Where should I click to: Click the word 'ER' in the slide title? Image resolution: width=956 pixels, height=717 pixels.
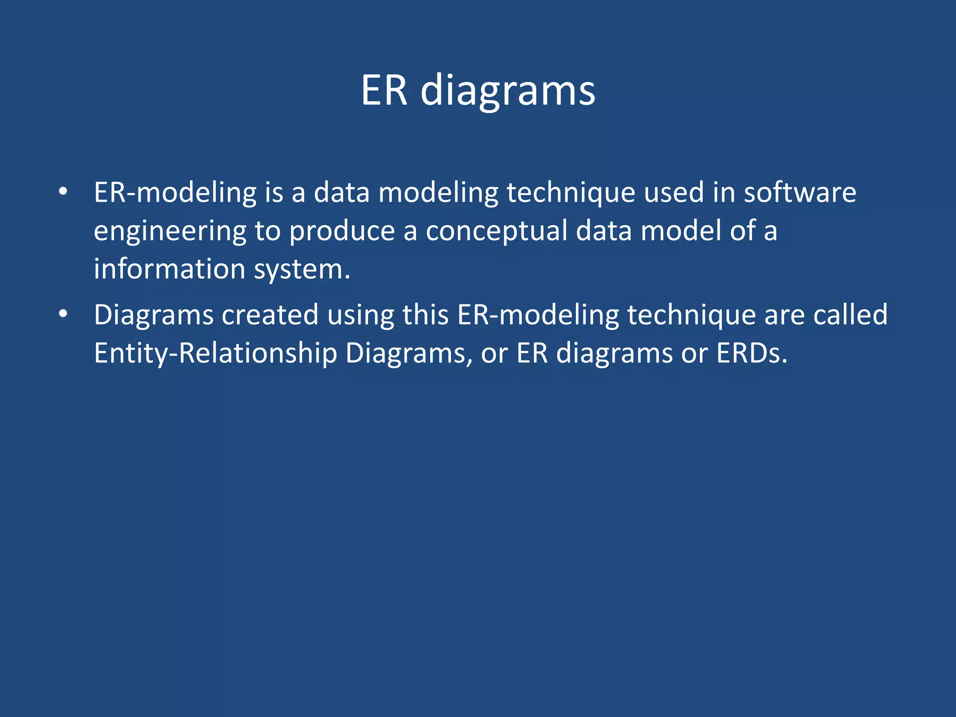[384, 90]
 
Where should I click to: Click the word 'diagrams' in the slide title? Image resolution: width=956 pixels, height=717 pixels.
[508, 91]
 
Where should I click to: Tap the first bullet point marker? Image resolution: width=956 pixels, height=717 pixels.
[63, 191]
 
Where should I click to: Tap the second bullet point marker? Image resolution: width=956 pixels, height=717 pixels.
[63, 314]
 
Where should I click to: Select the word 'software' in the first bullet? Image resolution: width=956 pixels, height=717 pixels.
[800, 192]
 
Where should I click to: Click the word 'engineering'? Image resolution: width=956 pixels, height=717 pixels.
[170, 232]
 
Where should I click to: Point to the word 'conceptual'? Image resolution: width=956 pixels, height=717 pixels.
[496, 232]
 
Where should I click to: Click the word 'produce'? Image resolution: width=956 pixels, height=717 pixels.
[342, 232]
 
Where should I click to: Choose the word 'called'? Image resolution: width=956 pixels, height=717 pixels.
[850, 315]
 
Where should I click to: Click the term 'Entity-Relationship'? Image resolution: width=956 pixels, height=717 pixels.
[215, 353]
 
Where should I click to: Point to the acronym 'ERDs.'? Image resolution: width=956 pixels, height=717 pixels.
[752, 353]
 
